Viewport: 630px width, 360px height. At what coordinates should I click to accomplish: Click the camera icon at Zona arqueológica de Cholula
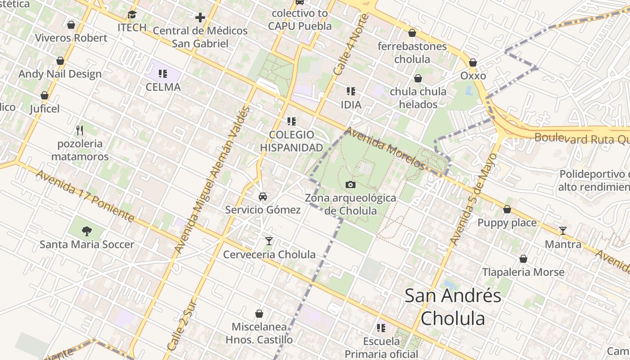(x=351, y=185)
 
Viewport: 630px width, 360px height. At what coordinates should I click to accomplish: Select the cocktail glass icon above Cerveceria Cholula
(x=269, y=241)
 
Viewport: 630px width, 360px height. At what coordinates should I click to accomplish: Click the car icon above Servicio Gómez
(x=263, y=197)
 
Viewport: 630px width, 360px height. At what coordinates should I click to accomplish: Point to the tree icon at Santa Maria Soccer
(x=87, y=231)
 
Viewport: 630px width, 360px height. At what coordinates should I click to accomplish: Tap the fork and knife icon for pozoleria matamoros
(x=80, y=130)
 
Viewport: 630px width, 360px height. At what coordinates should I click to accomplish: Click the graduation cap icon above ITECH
(x=132, y=15)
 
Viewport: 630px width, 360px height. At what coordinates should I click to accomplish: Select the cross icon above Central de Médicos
(x=200, y=18)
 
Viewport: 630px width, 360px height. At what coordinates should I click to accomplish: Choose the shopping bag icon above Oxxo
(x=473, y=63)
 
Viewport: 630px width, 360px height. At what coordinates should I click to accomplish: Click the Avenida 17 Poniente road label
(x=85, y=196)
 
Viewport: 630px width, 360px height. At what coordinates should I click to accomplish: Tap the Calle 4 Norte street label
(x=351, y=45)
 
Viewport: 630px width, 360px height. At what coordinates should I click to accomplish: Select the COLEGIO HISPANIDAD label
(x=292, y=141)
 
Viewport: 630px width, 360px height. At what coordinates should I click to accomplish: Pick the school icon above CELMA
(x=163, y=74)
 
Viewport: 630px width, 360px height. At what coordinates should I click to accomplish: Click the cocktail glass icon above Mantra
(x=563, y=231)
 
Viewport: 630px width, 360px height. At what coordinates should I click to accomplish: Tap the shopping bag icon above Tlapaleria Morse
(x=523, y=259)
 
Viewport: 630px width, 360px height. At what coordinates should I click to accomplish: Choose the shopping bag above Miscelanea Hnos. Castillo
(x=259, y=314)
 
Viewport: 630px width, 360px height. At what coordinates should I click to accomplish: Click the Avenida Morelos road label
(x=385, y=148)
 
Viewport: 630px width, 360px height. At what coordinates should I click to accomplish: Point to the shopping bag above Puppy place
(x=507, y=210)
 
